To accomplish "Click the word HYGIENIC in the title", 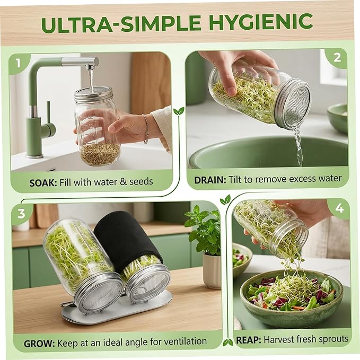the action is coord(261,22).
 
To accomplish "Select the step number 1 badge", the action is coord(18,64).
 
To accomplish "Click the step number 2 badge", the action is coord(337,58).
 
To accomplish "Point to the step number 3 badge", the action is coord(21,213).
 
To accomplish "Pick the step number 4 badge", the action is coord(339,208).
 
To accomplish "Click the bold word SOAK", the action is coord(43,183).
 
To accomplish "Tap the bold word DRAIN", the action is coord(210,180).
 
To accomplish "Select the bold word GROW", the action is coord(39,344).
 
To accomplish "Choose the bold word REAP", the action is coord(249,340).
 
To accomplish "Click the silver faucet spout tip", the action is coord(90,67).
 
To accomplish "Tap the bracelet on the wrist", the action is coord(146,129).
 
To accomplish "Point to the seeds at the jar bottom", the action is coord(100,154).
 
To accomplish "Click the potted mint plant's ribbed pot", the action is coord(212,271).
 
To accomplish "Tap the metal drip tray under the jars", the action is coord(117,306).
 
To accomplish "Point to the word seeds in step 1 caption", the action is coord(141,182).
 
